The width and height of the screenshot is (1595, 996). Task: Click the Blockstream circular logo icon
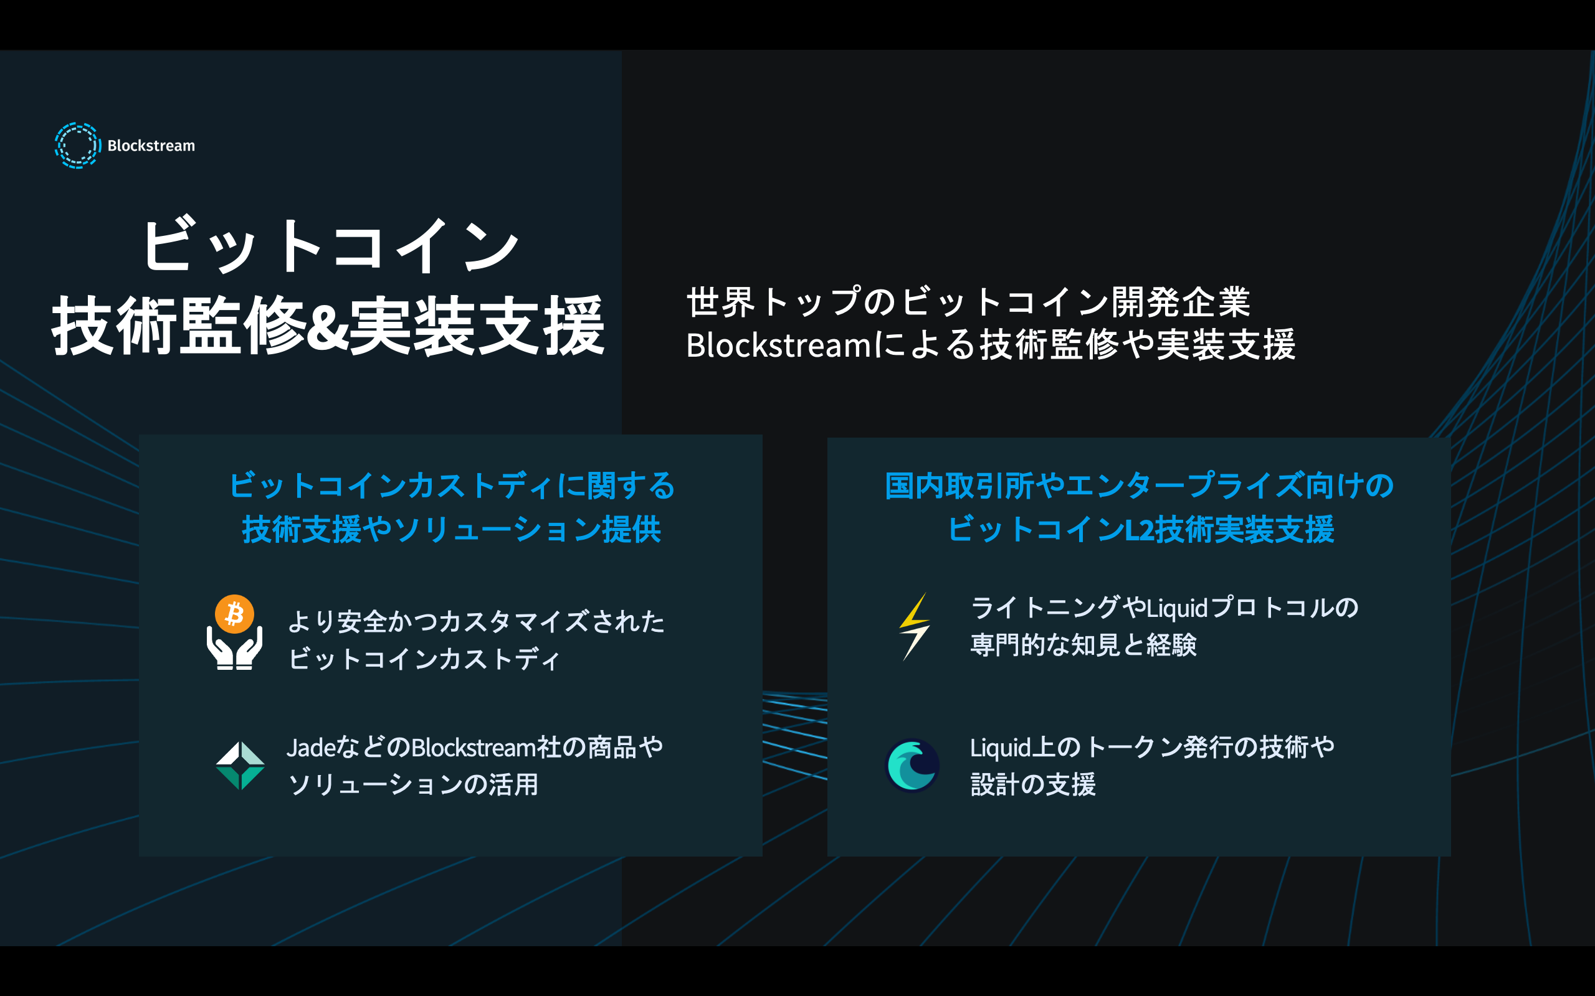pos(77,146)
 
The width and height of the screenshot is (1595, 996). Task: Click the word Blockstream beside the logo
pos(151,146)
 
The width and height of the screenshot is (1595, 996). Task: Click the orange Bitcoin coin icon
pos(235,614)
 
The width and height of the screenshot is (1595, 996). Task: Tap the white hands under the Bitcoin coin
pos(235,649)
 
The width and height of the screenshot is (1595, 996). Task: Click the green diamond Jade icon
pos(240,766)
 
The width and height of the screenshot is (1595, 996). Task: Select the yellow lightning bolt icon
pos(915,626)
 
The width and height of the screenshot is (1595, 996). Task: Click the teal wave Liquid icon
pos(912,766)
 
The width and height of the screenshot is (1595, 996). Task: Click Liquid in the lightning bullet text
pos(1177,608)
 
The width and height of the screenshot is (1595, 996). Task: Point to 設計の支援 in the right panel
pos(1033,784)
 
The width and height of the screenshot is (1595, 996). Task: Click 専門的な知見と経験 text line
pos(1083,645)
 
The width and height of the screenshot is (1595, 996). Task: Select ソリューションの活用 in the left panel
pos(413,784)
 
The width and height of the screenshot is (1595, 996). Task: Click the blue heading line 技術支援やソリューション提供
pos(452,530)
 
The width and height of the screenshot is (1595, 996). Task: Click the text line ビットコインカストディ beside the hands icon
pos(424,659)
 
